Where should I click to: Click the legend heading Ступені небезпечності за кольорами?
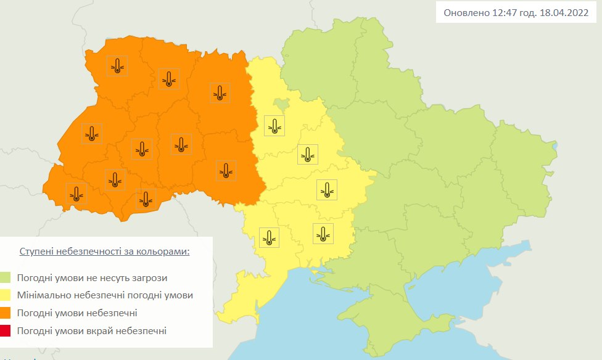pyautogui.click(x=104, y=252)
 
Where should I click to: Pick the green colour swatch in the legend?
pyautogui.click(x=6, y=278)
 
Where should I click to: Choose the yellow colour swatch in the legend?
pyautogui.click(x=6, y=295)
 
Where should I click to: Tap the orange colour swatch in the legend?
pyautogui.click(x=6, y=313)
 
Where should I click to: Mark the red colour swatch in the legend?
pyautogui.click(x=6, y=331)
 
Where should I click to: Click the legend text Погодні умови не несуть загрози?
pyautogui.click(x=92, y=278)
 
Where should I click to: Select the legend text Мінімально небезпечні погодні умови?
pyautogui.click(x=105, y=295)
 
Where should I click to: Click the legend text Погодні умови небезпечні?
pyautogui.click(x=77, y=313)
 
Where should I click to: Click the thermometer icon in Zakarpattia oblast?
pyautogui.click(x=76, y=194)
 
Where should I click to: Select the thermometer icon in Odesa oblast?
pyautogui.click(x=270, y=237)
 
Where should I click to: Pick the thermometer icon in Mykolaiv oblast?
pyautogui.click(x=322, y=233)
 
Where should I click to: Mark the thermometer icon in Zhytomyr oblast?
pyautogui.click(x=220, y=92)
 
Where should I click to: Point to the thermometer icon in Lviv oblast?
pyautogui.click(x=92, y=133)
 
